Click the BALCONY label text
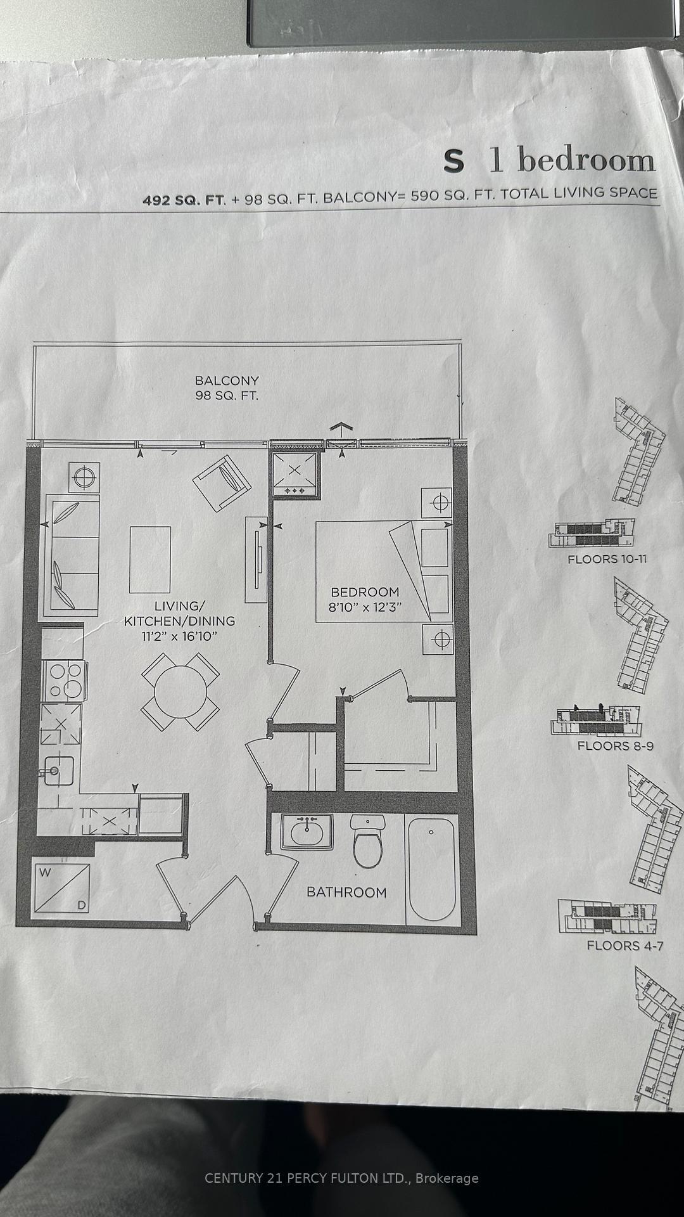coord(227,380)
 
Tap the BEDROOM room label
coord(365,592)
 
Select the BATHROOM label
coord(346,892)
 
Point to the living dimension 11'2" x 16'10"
coord(179,636)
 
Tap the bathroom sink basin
coord(307,831)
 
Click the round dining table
coord(180,692)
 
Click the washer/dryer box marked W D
coord(62,888)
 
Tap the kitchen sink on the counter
coord(59,771)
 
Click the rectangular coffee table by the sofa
coord(150,559)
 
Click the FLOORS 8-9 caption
coord(615,745)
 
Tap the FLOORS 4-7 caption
coord(624,945)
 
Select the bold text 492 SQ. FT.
coord(184,200)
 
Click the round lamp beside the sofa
coord(83,477)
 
